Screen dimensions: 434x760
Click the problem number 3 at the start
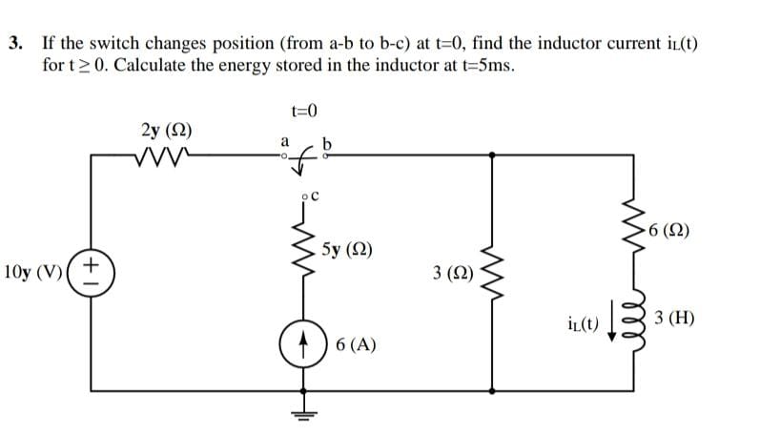coord(14,44)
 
